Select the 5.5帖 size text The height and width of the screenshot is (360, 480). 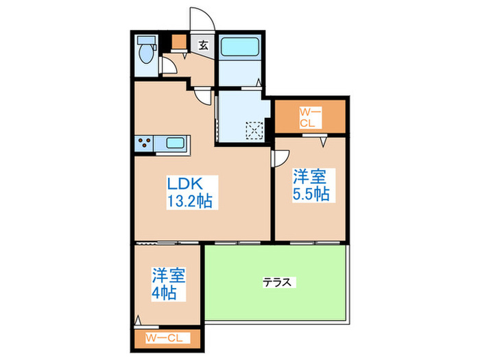[x=312, y=194]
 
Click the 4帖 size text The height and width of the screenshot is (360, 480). [x=166, y=293]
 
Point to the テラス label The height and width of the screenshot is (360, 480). [x=278, y=282]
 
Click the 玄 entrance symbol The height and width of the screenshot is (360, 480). [x=203, y=45]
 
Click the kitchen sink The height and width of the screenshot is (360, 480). [x=174, y=143]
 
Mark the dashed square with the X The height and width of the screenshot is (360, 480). [x=254, y=130]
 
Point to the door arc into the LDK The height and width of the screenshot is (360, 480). [x=203, y=97]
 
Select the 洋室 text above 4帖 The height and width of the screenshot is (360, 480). [x=168, y=276]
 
